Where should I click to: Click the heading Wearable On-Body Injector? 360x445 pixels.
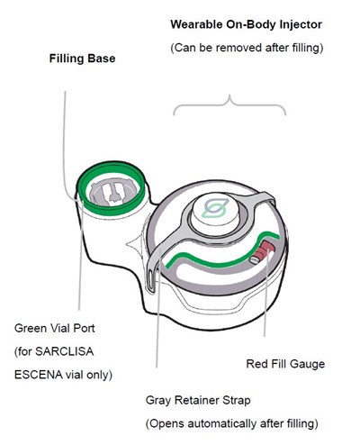click(x=247, y=24)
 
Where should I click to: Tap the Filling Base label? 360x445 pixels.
click(x=82, y=59)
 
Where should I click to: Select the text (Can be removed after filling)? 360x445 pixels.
click(x=247, y=48)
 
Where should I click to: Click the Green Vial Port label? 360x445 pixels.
click(x=55, y=328)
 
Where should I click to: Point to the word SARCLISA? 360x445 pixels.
click(x=64, y=351)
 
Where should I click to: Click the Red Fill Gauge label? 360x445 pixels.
click(x=285, y=364)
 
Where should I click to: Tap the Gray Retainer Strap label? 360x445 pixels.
click(x=198, y=400)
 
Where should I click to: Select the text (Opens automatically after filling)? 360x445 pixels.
click(x=232, y=424)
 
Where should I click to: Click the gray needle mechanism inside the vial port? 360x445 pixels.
click(x=111, y=191)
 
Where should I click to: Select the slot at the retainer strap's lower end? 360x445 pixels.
click(x=151, y=279)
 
